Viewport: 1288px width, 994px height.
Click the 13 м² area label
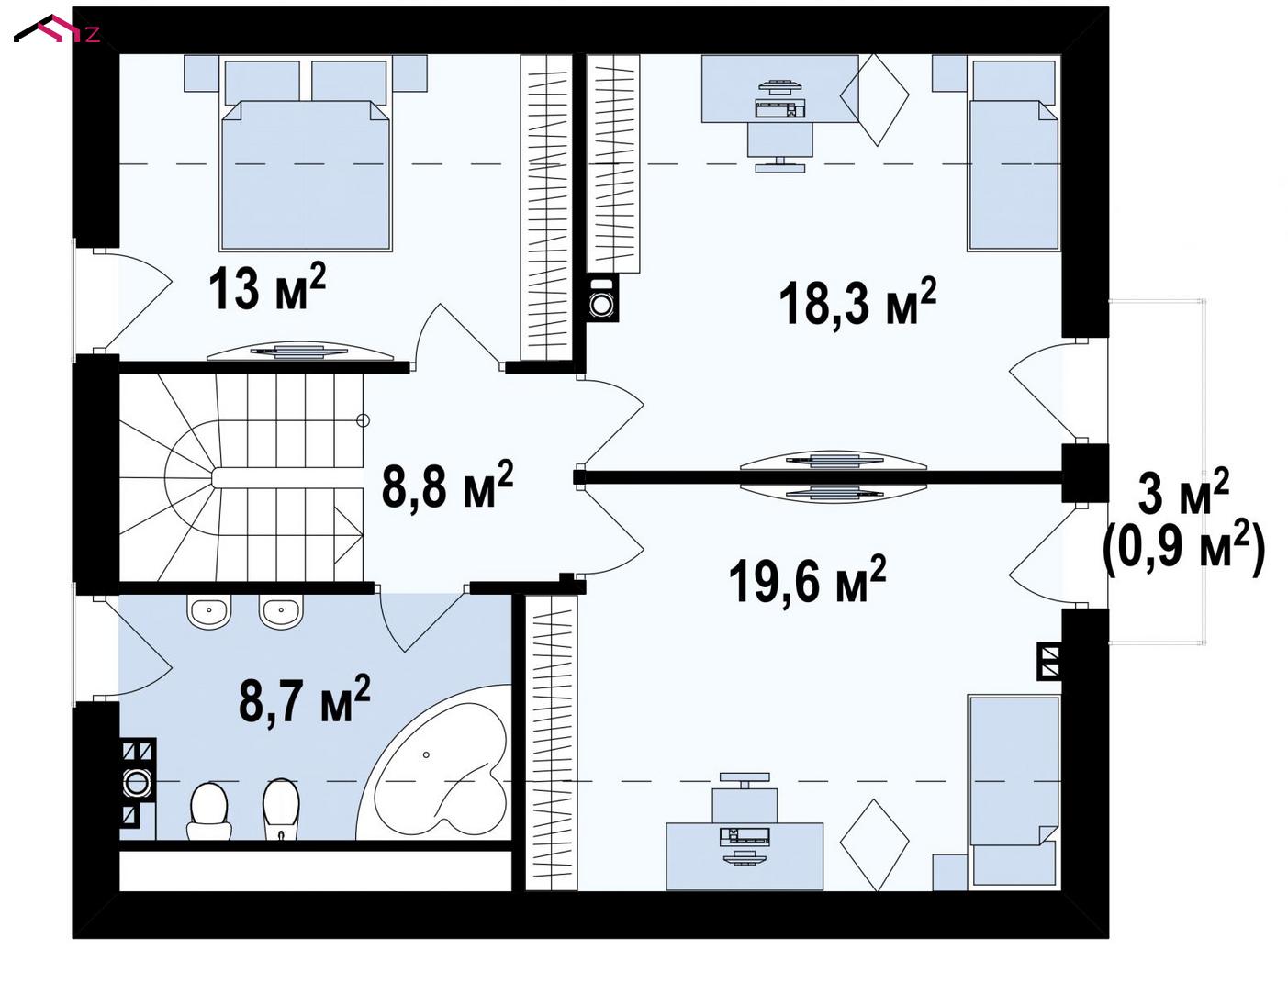(x=267, y=287)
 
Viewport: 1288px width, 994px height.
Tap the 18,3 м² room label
(x=857, y=303)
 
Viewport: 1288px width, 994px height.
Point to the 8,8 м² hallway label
(x=447, y=485)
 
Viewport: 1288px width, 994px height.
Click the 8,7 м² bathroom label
(x=304, y=699)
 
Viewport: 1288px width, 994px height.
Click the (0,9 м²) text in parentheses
(x=1183, y=551)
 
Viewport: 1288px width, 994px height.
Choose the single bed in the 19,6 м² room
(x=1014, y=793)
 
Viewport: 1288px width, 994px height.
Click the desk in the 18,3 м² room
(x=780, y=89)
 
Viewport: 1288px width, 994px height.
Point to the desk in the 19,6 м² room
(x=745, y=856)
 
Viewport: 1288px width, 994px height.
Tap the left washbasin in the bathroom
(x=208, y=610)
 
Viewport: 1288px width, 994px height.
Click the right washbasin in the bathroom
(x=280, y=610)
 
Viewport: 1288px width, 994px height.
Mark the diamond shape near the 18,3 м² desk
(x=875, y=99)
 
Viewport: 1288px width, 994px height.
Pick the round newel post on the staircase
(x=364, y=420)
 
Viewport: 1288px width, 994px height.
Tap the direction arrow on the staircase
(x=348, y=535)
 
